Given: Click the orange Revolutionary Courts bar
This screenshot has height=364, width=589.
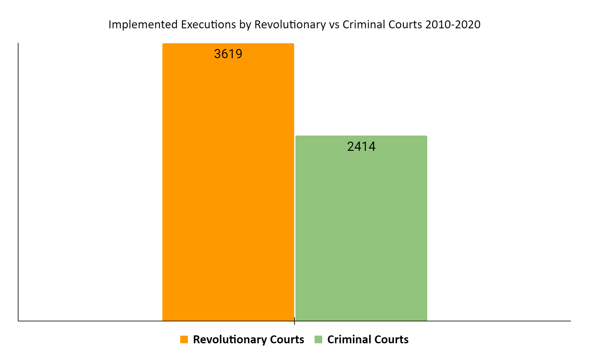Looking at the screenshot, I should pos(228,191).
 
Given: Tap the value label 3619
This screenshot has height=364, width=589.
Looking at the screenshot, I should pos(228,54).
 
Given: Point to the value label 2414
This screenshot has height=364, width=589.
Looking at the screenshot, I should pos(361,146).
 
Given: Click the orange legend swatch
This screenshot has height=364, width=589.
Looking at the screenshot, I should pos(184,339).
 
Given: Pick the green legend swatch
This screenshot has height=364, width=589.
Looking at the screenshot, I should pos(318,339).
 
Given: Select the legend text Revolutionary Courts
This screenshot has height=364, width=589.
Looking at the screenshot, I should pos(248,339).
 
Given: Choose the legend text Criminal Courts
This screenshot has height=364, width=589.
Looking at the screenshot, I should pos(368,339).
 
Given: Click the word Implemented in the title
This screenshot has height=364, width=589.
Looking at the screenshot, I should pos(143,24).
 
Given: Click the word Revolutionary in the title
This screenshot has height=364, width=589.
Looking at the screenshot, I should pos(290,24).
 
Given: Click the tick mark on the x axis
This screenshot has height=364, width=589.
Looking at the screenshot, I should pos(294,321).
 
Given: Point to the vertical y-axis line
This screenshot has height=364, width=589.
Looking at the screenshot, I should pos(18,181).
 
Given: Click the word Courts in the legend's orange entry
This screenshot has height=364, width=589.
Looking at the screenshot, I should pos(287,339).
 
